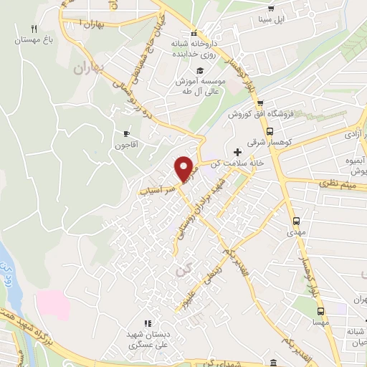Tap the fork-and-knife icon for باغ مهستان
pos(32,29)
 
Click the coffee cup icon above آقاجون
pos(127,133)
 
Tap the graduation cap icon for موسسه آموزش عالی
pos(201,70)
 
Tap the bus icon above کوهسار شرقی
pos(270,132)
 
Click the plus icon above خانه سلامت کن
pos(237,152)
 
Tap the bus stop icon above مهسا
pos(320,311)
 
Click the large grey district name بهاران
pos(89,70)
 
